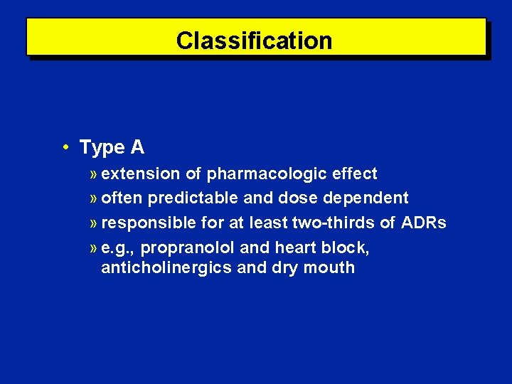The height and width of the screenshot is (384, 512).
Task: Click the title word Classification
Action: click(254, 41)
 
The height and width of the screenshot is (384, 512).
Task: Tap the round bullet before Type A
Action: click(65, 147)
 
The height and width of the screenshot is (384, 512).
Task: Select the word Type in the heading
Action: click(101, 148)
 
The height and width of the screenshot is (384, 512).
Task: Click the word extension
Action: click(141, 174)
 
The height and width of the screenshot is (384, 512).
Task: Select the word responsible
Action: click(148, 223)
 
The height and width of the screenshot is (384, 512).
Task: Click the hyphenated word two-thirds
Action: click(334, 223)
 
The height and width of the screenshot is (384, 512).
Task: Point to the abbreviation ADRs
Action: click(424, 223)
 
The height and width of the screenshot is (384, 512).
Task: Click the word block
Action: click(346, 247)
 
